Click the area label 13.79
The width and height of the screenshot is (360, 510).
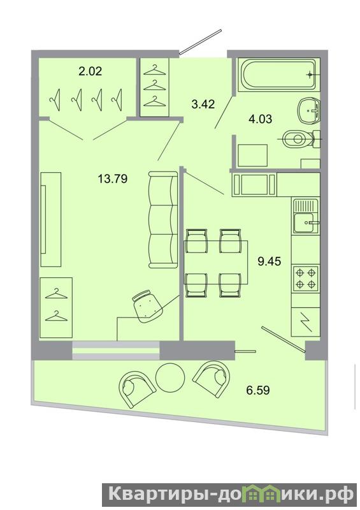[x=113, y=178]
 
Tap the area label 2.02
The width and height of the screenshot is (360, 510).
[x=90, y=71]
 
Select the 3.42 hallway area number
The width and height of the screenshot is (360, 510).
[x=203, y=105]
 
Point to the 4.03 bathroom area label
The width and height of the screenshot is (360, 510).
[x=260, y=119]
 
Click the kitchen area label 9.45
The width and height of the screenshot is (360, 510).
[x=270, y=261]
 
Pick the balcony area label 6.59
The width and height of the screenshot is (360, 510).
[x=258, y=390]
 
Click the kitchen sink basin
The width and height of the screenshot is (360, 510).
[x=303, y=222]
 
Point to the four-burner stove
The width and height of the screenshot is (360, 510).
[x=306, y=278]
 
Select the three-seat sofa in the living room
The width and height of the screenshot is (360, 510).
[x=163, y=220]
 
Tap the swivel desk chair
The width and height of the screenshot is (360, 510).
[x=147, y=306]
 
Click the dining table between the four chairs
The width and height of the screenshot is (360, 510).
[x=215, y=262]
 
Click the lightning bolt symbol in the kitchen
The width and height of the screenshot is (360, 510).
[x=306, y=322]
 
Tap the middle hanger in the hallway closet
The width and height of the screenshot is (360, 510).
[x=154, y=86]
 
